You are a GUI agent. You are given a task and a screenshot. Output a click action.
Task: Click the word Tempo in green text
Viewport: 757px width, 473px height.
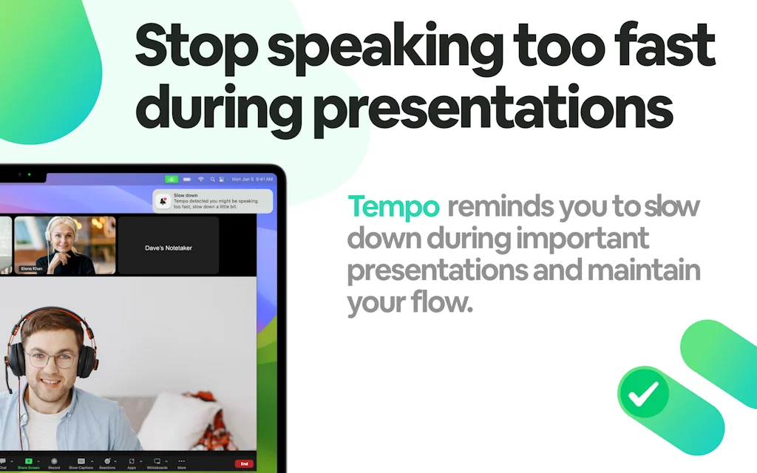393,207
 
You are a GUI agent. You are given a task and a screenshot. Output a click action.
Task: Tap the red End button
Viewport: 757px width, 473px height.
244,463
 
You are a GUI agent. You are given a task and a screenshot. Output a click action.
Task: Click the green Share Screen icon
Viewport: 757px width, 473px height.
29,462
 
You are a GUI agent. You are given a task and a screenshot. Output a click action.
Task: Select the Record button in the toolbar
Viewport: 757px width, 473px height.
54,462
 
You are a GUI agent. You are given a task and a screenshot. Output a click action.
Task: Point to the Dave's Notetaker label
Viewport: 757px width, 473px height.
169,248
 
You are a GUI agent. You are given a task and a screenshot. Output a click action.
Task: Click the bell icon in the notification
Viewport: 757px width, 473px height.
163,201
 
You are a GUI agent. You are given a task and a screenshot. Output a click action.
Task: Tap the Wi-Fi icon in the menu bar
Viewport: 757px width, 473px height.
200,180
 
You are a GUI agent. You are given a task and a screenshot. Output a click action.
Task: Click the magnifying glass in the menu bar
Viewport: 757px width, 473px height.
212,180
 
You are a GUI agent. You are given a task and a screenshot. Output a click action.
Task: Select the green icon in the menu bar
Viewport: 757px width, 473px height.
172,180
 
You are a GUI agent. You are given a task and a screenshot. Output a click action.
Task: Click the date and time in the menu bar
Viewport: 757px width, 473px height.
252,180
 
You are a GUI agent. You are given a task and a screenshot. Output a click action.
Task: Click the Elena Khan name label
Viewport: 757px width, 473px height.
32,269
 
